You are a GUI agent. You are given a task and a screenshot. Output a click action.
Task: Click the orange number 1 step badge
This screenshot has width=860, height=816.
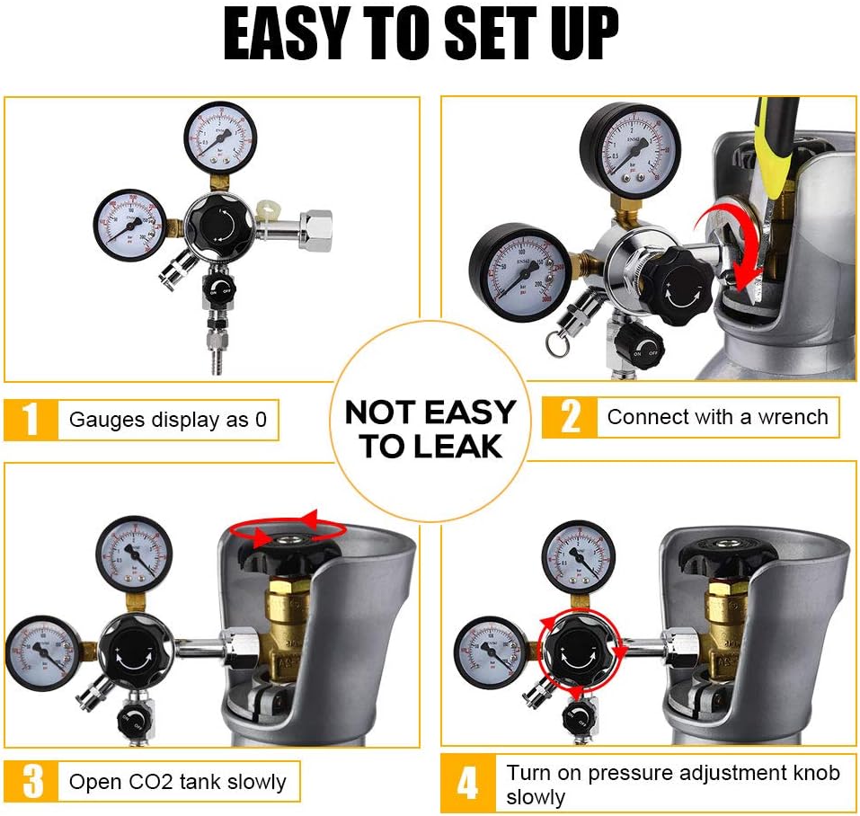coord(31,420)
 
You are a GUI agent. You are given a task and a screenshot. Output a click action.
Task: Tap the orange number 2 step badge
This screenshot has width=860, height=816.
coord(570,418)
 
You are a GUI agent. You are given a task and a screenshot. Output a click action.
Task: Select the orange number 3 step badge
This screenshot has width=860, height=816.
coord(31,781)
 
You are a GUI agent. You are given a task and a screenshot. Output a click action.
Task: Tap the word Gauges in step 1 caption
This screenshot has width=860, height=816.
coord(100,420)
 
